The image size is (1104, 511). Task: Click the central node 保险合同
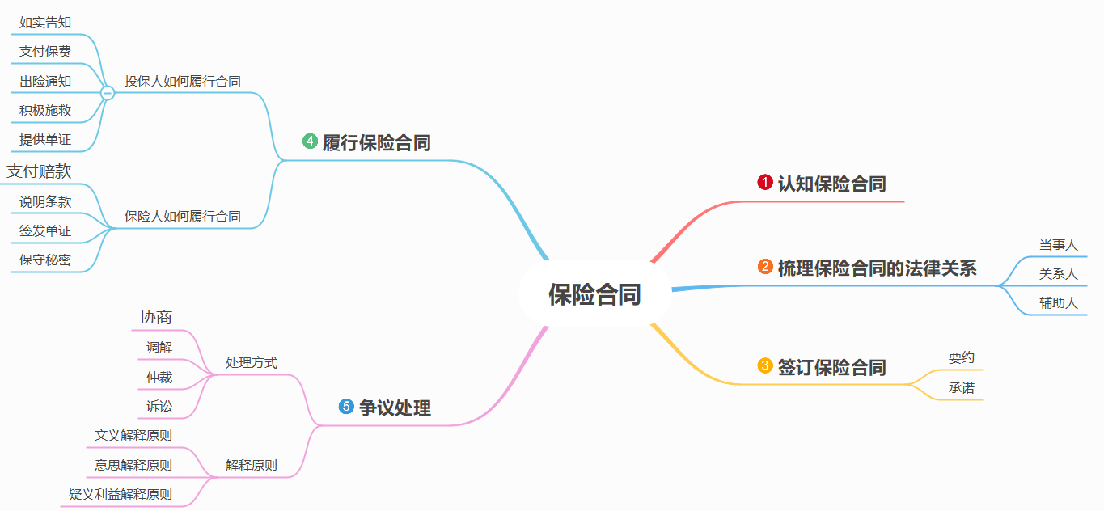click(x=594, y=294)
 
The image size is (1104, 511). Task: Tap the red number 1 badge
click(x=765, y=183)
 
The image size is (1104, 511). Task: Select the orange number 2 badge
click(x=765, y=267)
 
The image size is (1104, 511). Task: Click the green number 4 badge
click(x=310, y=141)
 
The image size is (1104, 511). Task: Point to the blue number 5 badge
click(x=346, y=407)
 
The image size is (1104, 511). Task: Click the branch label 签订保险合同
click(x=831, y=367)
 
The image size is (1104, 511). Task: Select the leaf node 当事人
click(x=1058, y=244)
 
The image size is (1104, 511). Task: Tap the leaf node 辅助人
click(x=1058, y=303)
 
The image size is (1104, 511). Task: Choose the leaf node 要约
click(x=962, y=357)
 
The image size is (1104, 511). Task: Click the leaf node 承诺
click(x=962, y=388)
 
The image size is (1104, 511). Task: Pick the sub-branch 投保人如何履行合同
click(x=182, y=82)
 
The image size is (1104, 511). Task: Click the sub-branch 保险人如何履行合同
click(x=182, y=216)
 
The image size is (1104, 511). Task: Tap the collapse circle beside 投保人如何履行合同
click(x=108, y=93)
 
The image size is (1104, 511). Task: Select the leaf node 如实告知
click(x=45, y=23)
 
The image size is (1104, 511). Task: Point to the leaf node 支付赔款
click(x=39, y=171)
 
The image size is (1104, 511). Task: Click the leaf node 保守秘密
click(x=45, y=260)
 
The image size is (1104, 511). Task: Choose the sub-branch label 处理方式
click(x=251, y=363)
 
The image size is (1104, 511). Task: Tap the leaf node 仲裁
click(x=159, y=377)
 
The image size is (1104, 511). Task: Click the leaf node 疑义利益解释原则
click(x=120, y=494)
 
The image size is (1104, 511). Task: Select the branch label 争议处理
click(x=395, y=408)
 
